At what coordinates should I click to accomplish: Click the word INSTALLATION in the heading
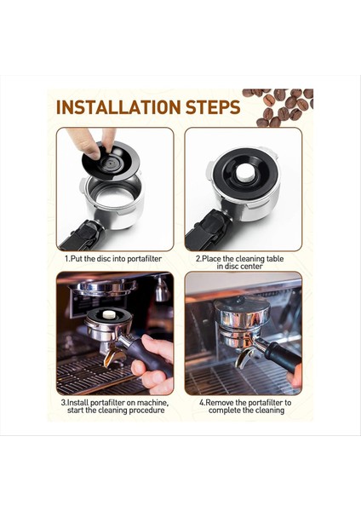coord(118,107)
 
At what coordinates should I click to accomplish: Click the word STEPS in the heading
coord(213,107)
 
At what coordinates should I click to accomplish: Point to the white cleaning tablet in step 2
coord(245,172)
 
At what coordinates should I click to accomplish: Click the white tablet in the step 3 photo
coord(109,314)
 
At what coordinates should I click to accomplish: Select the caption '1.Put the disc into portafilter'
coord(113,259)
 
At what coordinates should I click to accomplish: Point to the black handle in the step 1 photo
coord(82,236)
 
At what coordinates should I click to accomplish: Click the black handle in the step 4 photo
coord(282,358)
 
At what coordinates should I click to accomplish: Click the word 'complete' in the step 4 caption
coord(225,411)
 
